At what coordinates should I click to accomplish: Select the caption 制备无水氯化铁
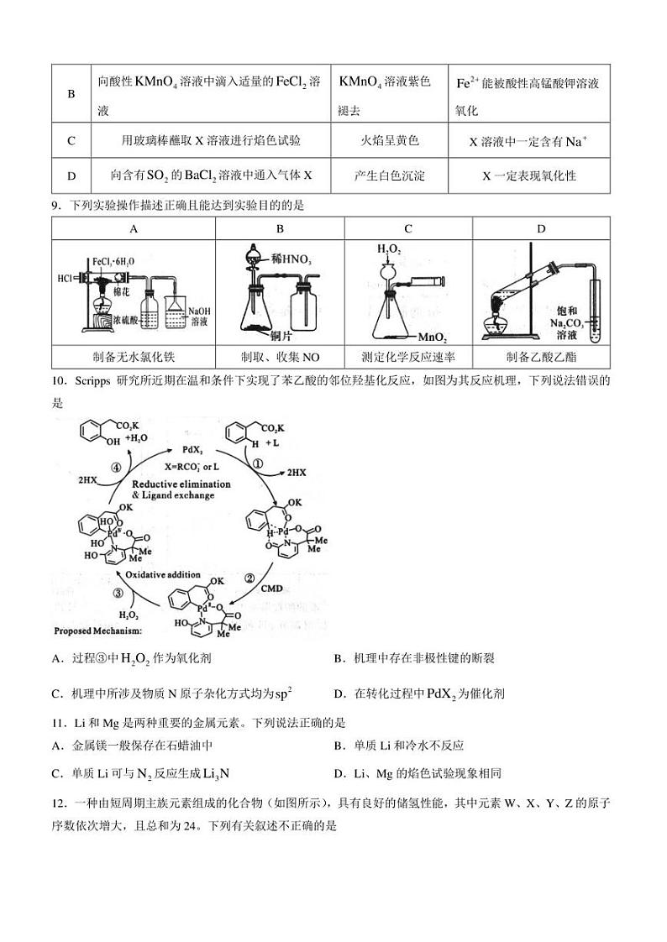tap(134, 354)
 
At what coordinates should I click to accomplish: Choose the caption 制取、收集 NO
tap(280, 354)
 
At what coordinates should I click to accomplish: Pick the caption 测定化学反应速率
tap(407, 354)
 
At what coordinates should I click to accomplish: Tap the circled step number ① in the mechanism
tap(259, 461)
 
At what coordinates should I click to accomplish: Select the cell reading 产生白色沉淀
tap(389, 175)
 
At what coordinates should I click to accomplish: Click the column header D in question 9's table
tap(541, 228)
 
